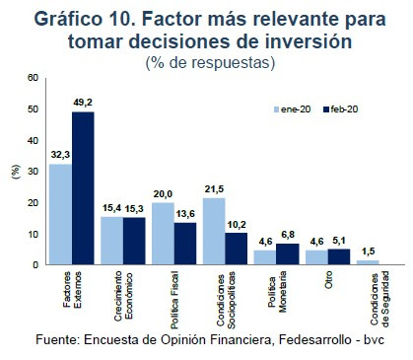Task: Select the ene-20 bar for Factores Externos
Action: tap(61, 214)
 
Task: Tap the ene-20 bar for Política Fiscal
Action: tap(164, 233)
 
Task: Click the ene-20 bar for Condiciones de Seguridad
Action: tap(368, 262)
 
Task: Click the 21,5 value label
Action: tap(214, 188)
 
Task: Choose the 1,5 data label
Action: tap(368, 251)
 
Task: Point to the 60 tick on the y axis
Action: tap(33, 78)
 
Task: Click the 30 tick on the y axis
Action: tap(33, 172)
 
